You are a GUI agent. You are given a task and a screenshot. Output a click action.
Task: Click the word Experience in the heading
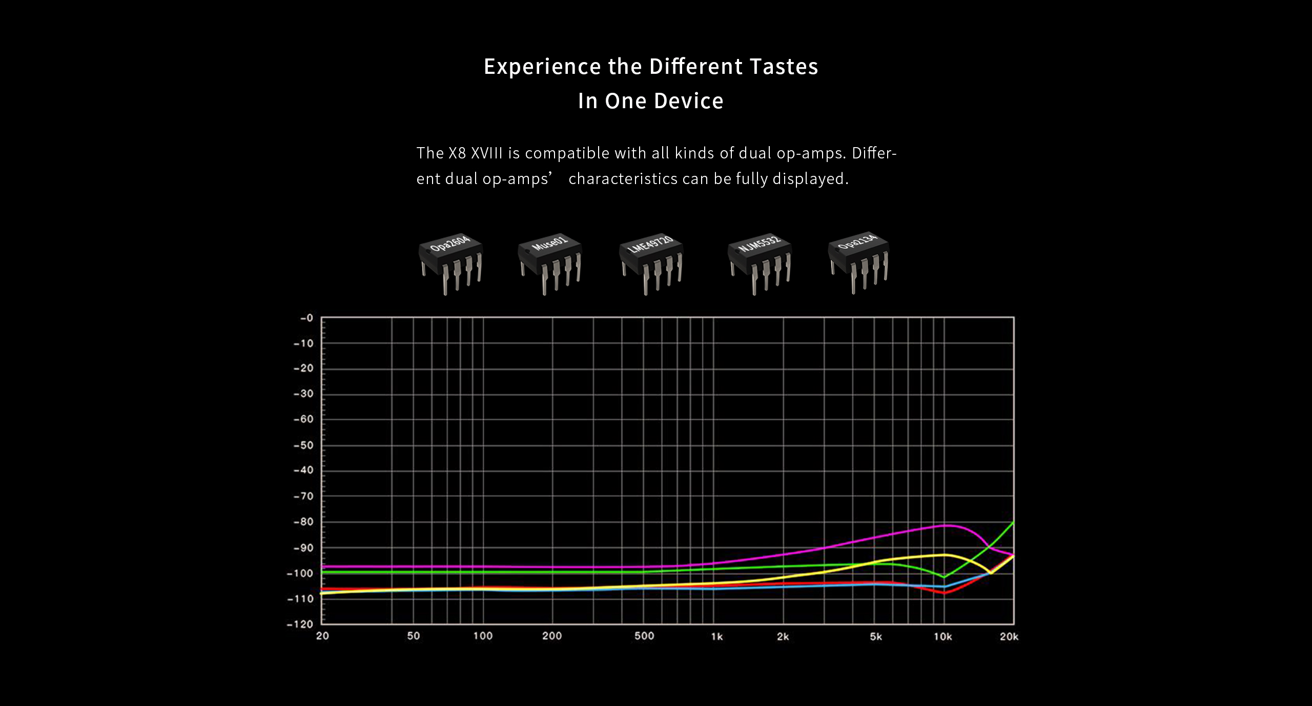click(542, 67)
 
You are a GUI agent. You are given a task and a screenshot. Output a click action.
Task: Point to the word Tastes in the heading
click(784, 67)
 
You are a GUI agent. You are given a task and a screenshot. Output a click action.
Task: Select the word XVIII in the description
click(486, 153)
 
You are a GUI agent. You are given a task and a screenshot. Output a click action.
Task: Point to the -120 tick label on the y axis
click(300, 624)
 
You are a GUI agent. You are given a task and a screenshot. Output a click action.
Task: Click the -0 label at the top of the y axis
click(306, 318)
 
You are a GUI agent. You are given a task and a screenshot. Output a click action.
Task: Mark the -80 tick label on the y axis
click(303, 522)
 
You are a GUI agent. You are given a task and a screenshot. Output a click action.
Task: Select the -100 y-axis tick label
click(300, 573)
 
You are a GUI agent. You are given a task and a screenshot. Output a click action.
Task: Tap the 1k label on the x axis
click(716, 637)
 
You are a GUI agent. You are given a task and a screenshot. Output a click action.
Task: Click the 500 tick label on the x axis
click(644, 636)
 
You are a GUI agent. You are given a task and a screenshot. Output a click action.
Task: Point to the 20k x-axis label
click(1009, 637)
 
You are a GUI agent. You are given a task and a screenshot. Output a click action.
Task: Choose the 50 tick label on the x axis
click(413, 636)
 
